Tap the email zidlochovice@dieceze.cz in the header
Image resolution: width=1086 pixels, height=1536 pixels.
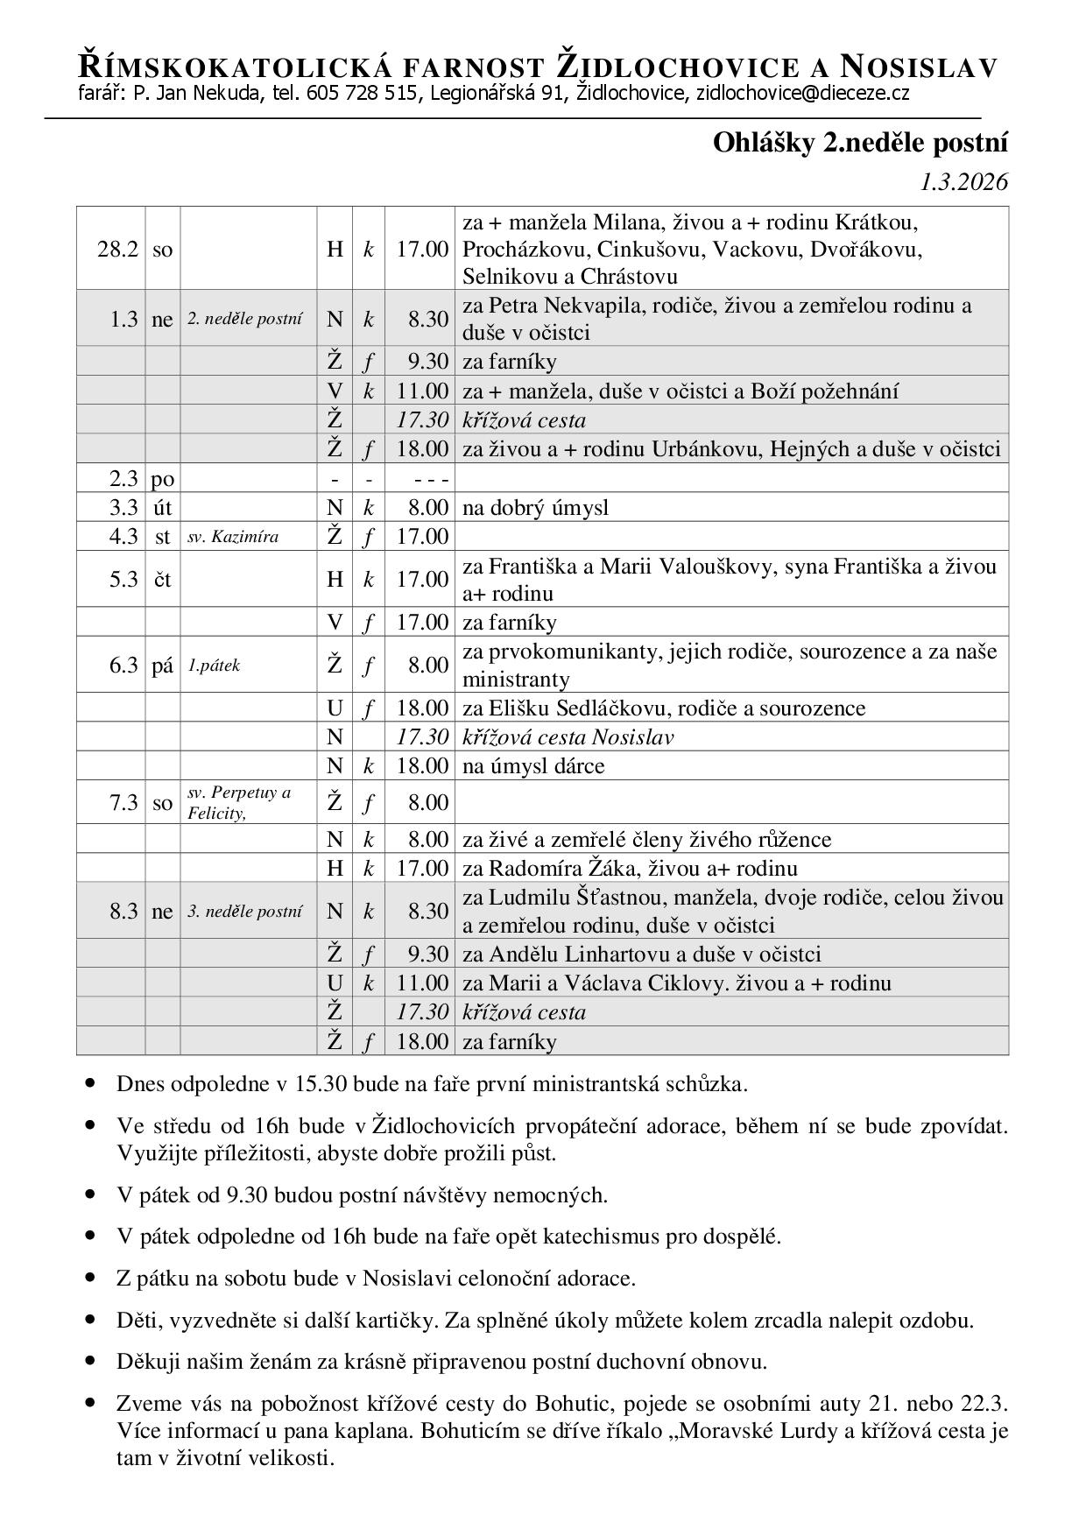pyautogui.click(x=802, y=94)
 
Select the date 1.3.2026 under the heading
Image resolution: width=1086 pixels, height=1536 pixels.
pyautogui.click(x=963, y=182)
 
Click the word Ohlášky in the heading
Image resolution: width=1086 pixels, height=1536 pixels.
pyautogui.click(x=764, y=143)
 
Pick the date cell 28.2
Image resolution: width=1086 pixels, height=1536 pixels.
pyautogui.click(x=117, y=250)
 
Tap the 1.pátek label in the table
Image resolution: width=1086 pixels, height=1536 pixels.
pyautogui.click(x=214, y=666)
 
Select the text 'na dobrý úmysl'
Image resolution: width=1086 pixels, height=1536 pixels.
pyautogui.click(x=535, y=508)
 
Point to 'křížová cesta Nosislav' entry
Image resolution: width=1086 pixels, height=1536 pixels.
pyautogui.click(x=568, y=737)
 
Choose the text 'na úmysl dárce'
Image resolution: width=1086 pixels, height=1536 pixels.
pyautogui.click(x=533, y=766)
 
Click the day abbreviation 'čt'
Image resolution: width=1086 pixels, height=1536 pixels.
pyautogui.click(x=162, y=580)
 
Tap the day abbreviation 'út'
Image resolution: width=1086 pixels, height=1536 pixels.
pyautogui.click(x=162, y=508)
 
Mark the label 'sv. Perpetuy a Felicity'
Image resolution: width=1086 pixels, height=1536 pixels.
pyautogui.click(x=238, y=803)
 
